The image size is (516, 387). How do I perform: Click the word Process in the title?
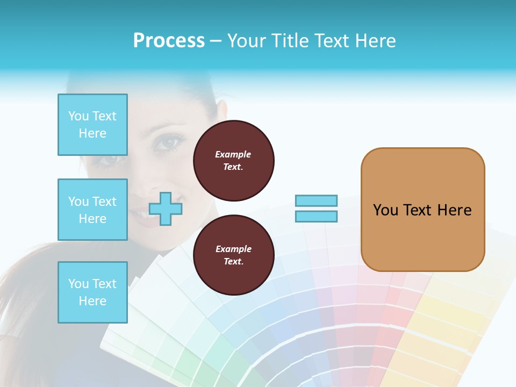(x=169, y=41)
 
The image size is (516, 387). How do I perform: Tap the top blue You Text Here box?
(x=92, y=125)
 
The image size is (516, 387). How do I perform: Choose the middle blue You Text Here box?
(x=92, y=210)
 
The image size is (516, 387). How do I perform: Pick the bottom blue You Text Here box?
(x=92, y=292)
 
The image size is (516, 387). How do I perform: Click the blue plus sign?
(x=166, y=208)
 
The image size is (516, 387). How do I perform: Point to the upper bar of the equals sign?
(x=316, y=200)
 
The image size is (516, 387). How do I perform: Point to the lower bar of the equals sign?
(x=316, y=216)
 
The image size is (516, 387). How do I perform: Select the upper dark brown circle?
(x=233, y=161)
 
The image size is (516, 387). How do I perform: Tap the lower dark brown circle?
(x=233, y=255)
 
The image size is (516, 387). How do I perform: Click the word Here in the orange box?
(x=454, y=210)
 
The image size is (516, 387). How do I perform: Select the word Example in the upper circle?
(x=233, y=154)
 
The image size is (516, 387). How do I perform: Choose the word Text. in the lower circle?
(x=233, y=262)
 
